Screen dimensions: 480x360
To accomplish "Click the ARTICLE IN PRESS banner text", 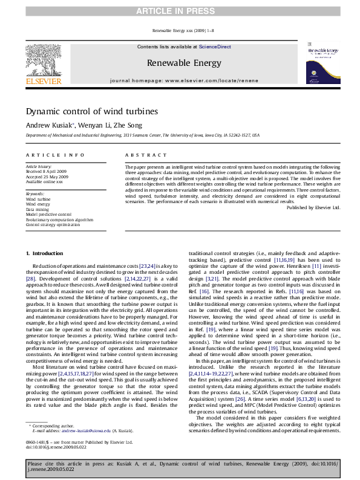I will pos(180,10).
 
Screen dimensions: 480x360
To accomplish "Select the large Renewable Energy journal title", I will pos(184,63).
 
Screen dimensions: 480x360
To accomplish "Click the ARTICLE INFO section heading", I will pos(55,155).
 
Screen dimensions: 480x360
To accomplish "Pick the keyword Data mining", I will pos(38,209).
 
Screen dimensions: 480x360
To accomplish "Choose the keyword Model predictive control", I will pos(49,215).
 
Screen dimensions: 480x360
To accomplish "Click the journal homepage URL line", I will pos(184,80).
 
